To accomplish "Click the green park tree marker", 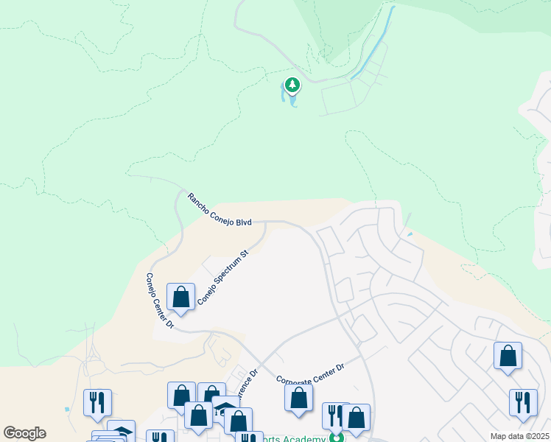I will coord(293,85).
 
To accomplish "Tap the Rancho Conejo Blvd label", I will coord(220,210).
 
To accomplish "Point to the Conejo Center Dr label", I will coord(158,301).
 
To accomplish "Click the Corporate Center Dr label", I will coord(310,374).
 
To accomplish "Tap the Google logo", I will coord(24,433).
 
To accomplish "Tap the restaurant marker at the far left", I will coord(97,402).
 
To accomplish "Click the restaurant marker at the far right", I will coord(523,402).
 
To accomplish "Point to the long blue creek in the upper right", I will coord(376,44).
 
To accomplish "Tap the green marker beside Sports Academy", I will coord(337,438).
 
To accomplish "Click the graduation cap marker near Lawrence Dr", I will coord(225,410).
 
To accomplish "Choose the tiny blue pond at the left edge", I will coord(66,409).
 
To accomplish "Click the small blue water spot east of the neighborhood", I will coord(410,235).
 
